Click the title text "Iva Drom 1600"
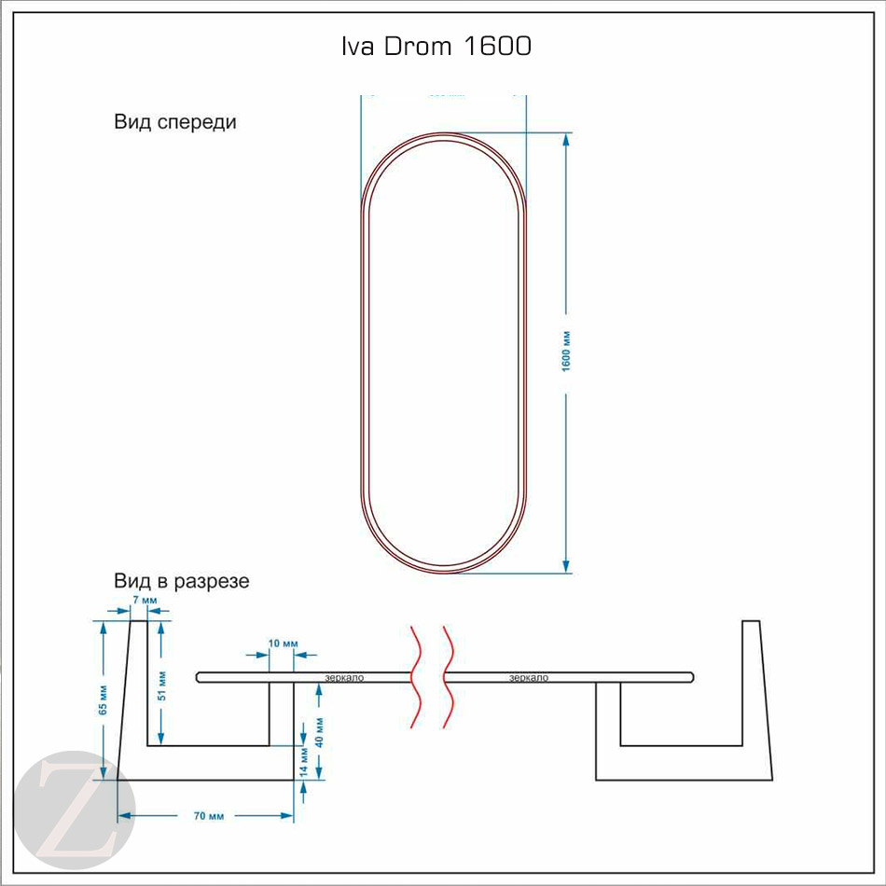(x=436, y=47)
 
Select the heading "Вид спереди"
(x=175, y=122)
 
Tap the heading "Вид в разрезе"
(x=182, y=581)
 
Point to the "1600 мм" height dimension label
(x=566, y=352)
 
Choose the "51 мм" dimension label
(x=161, y=685)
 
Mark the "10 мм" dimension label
(x=282, y=644)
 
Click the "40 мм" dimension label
(x=320, y=734)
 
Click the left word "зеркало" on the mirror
(x=344, y=678)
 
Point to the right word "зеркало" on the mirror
(x=529, y=678)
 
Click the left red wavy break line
(x=415, y=676)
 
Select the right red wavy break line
(x=448, y=676)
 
